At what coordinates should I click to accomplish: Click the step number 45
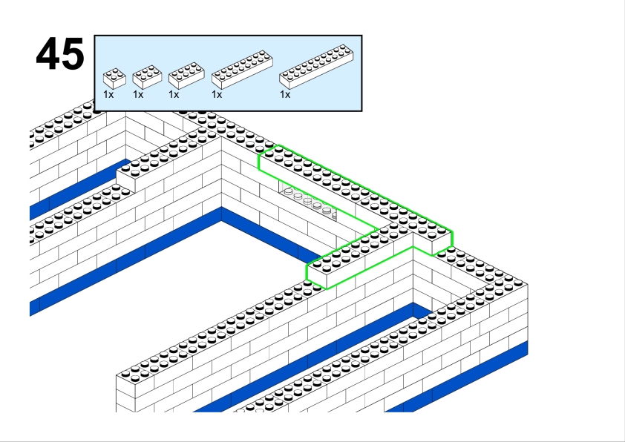pos(60,53)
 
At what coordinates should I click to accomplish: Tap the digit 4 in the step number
pos(48,53)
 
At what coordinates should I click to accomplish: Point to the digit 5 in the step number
pos(73,54)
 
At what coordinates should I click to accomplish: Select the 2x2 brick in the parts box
pos(114,79)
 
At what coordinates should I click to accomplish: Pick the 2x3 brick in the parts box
pos(147,77)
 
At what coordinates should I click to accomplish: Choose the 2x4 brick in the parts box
pos(186,75)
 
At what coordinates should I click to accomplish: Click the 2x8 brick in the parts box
pos(242,69)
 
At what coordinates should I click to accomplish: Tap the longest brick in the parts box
pos(316,67)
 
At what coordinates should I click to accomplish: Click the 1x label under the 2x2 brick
pos(108,95)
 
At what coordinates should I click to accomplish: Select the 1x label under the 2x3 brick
pos(138,95)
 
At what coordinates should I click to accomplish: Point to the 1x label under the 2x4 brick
pos(174,95)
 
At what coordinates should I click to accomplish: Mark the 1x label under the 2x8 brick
pos(217,95)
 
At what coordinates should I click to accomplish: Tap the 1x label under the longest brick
pos(285,95)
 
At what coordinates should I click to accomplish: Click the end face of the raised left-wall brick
pos(125,182)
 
